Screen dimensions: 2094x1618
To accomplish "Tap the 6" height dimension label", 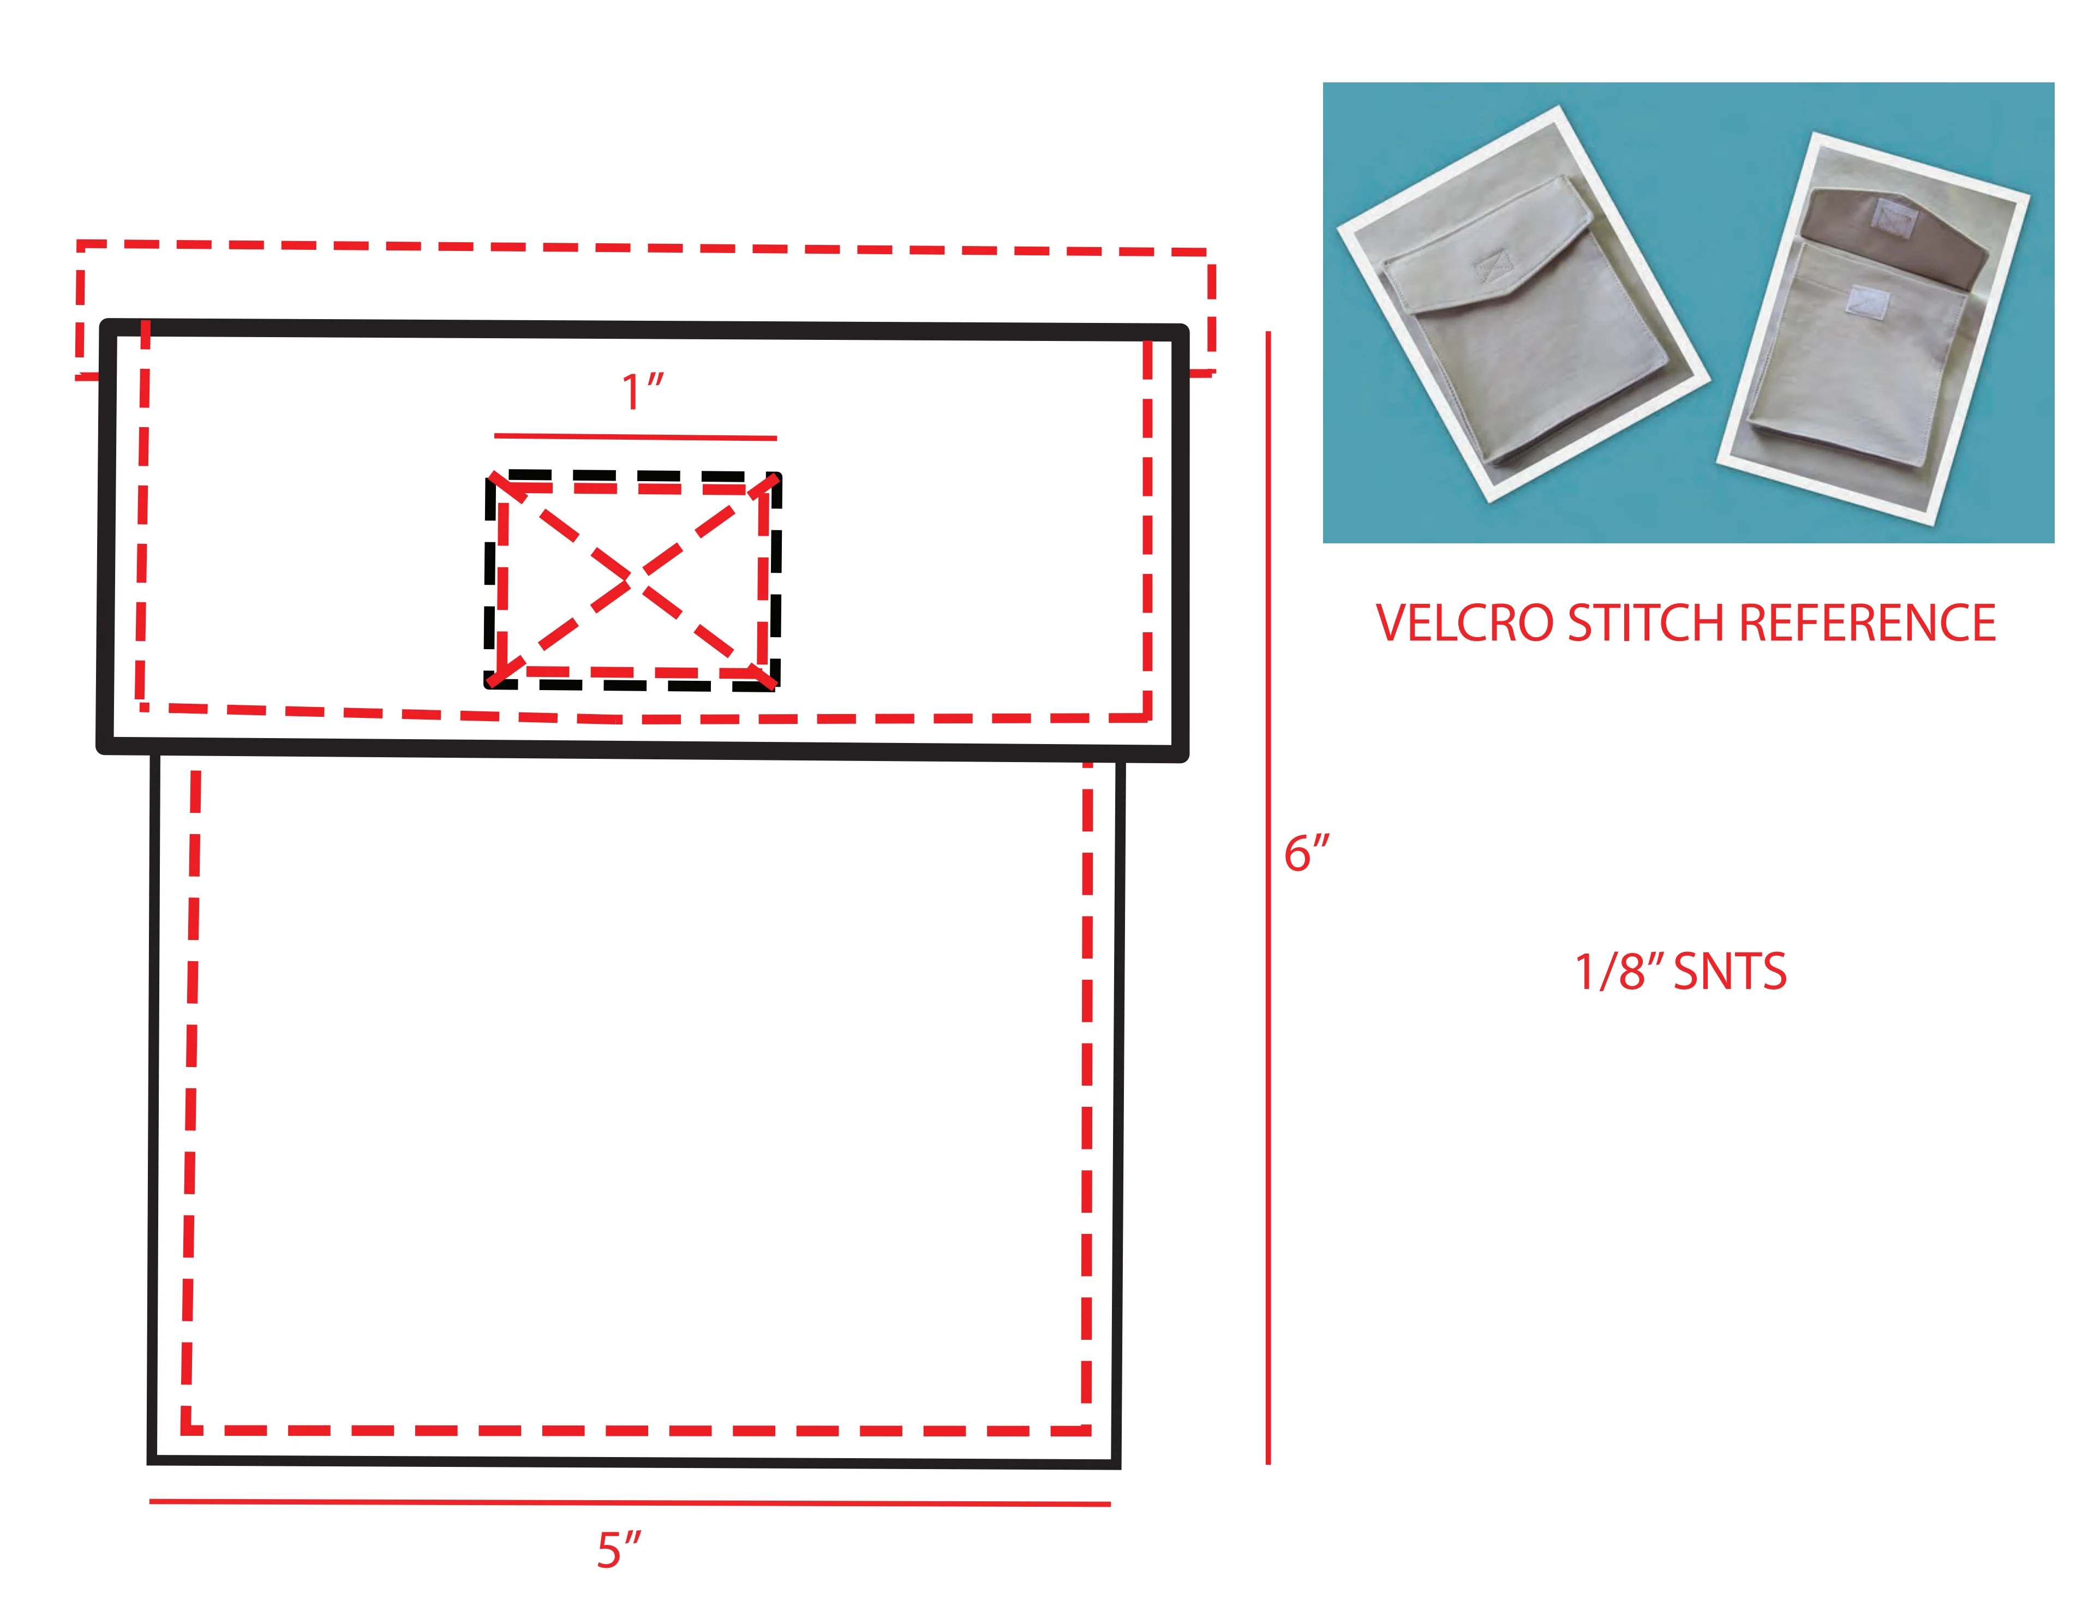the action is point(1306,853).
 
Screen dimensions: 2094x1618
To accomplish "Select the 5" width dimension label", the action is point(618,1550).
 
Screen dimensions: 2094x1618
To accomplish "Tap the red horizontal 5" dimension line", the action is point(630,1502).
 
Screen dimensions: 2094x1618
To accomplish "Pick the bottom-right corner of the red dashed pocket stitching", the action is point(1086,1430).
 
